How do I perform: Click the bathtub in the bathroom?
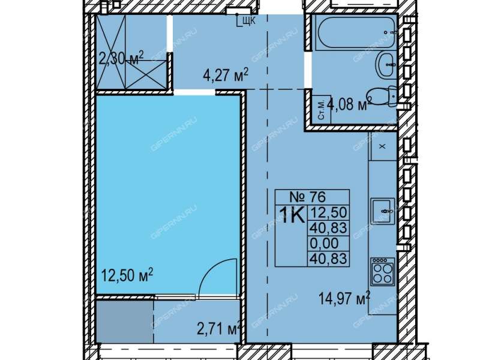(x=356, y=32)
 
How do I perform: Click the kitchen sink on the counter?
(x=382, y=211)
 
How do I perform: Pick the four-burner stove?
(x=382, y=271)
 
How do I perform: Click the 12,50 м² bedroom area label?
(x=127, y=275)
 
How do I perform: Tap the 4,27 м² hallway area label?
(x=226, y=76)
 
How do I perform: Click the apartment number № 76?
(x=308, y=197)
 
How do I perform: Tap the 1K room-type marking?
(x=292, y=215)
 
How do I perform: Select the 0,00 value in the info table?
(x=324, y=244)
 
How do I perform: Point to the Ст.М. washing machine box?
(x=321, y=110)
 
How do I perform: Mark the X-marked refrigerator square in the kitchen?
(x=383, y=146)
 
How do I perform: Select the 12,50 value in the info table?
(x=328, y=212)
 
